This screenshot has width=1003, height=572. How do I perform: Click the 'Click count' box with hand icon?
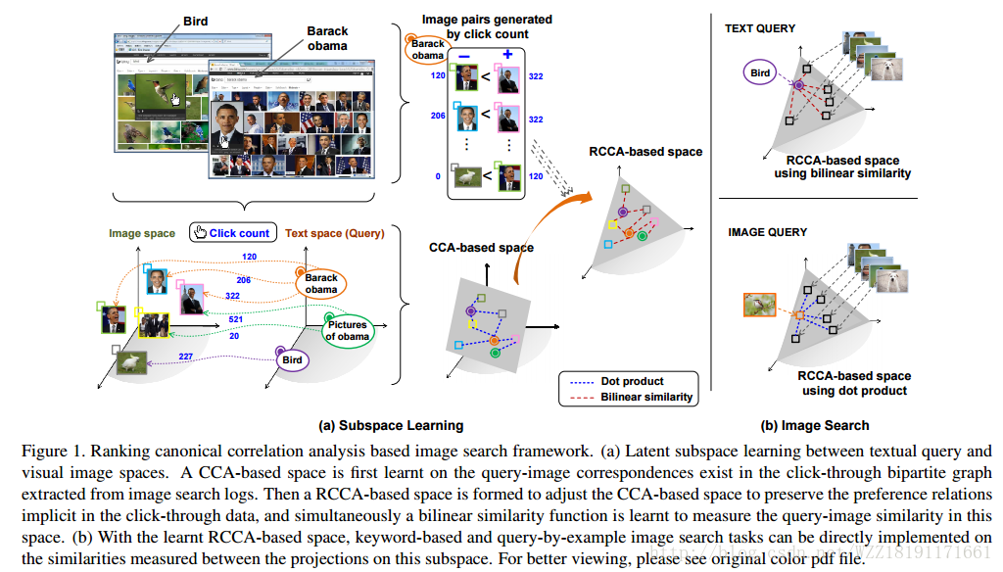(x=232, y=233)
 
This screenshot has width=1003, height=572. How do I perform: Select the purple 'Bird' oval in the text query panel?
(x=761, y=72)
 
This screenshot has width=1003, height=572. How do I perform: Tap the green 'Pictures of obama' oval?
(x=348, y=330)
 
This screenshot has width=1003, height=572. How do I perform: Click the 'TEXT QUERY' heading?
(x=759, y=28)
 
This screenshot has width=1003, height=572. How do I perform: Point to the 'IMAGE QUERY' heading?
(x=767, y=232)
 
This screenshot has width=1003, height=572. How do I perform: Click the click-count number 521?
(x=235, y=320)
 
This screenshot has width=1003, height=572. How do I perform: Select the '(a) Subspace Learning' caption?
(x=391, y=425)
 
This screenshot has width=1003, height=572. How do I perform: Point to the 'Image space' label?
(x=142, y=233)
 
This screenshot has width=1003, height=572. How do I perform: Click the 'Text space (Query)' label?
(x=334, y=233)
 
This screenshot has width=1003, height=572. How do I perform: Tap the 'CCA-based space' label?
(x=481, y=248)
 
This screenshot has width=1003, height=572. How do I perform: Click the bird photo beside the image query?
(x=760, y=305)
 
